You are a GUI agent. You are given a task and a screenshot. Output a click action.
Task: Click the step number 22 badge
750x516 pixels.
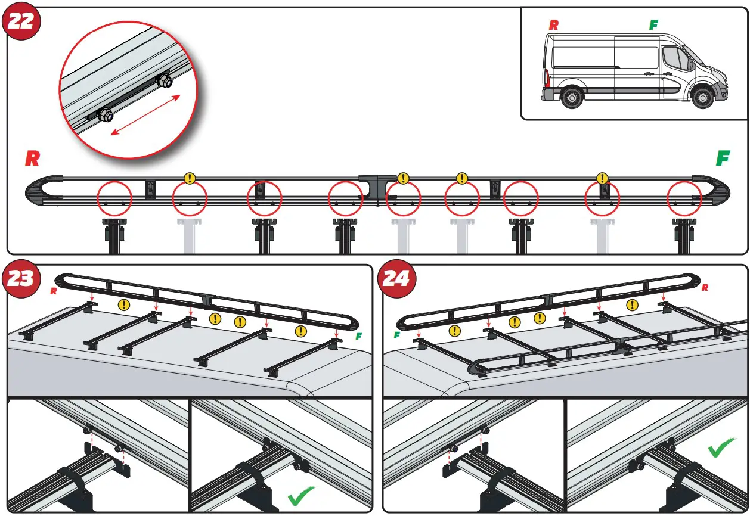point(22,22)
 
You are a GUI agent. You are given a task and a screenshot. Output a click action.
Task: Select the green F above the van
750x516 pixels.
point(653,25)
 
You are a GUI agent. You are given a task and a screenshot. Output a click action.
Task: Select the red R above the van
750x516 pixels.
point(554,25)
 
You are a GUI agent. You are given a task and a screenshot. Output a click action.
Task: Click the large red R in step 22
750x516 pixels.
point(32,158)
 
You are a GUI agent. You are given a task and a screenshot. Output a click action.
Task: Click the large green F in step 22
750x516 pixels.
point(723,158)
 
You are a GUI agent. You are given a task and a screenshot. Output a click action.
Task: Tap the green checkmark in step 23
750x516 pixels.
point(300,496)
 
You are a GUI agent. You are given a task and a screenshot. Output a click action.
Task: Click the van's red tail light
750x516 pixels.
point(546,78)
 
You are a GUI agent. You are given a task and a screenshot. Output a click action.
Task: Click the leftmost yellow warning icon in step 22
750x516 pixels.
point(190,178)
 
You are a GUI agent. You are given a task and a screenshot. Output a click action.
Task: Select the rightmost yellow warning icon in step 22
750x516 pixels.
point(602,178)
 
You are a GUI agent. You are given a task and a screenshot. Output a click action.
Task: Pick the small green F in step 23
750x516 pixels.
point(359,337)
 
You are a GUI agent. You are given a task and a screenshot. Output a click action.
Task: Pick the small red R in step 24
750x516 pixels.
point(705,288)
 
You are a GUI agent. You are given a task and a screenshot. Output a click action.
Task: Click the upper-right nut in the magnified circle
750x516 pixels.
point(165,81)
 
